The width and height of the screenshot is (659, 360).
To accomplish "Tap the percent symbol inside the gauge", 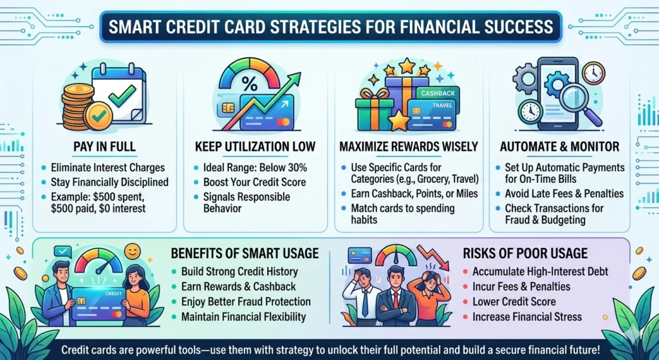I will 250,84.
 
